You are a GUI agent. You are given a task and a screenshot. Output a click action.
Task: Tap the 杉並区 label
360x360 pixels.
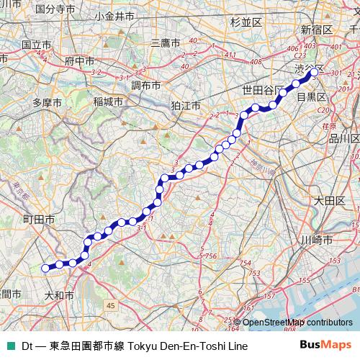246,22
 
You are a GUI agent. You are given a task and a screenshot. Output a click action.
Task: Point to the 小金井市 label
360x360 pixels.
114,15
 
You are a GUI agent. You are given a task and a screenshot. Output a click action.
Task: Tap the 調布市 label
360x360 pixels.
145,85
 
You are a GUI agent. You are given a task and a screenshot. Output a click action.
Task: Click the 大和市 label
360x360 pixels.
60,294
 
